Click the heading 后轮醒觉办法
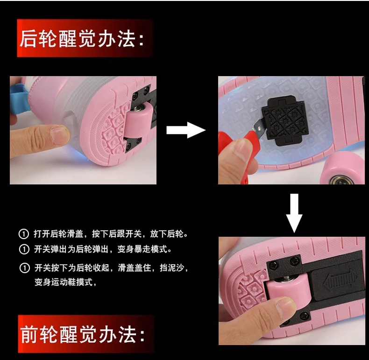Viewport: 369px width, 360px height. [81, 38]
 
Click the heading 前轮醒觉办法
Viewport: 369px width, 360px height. [82, 334]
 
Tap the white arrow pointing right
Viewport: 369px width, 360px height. [186, 130]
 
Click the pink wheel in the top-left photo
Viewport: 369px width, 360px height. [138, 120]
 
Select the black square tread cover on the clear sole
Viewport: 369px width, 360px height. [285, 120]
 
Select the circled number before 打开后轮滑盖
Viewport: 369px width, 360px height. [24, 234]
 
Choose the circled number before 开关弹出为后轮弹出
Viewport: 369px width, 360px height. [24, 249]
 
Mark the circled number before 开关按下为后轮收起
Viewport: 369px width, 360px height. [24, 268]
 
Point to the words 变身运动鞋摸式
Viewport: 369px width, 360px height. [64, 282]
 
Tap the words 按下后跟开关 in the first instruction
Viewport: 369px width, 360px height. [116, 234]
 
